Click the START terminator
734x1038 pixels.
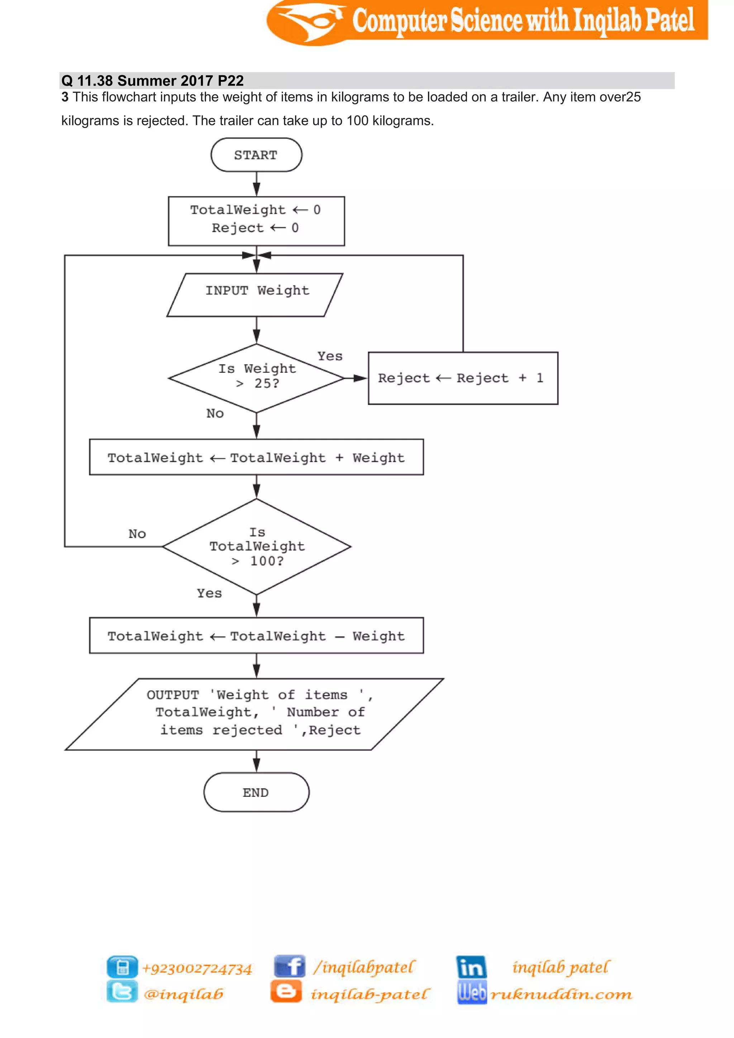pyautogui.click(x=256, y=155)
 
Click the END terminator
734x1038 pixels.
pyautogui.click(x=256, y=792)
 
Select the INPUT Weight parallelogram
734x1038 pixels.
pyautogui.click(x=256, y=294)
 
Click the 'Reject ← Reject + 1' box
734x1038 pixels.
pyautogui.click(x=463, y=378)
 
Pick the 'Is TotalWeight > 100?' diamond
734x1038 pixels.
pyautogui.click(x=256, y=547)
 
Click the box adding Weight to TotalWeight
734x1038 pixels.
pyautogui.click(x=256, y=457)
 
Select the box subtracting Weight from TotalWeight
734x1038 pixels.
pyautogui.click(x=256, y=635)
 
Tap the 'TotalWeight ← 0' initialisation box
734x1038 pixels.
pyautogui.click(x=256, y=221)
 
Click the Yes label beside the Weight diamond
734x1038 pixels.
pyautogui.click(x=330, y=356)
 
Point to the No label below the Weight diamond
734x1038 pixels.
pyautogui.click(x=215, y=413)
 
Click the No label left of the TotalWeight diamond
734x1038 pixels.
pyautogui.click(x=137, y=534)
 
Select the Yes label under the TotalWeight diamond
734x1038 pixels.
pyautogui.click(x=209, y=593)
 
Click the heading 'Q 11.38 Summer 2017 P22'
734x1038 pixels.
pyautogui.click(x=153, y=81)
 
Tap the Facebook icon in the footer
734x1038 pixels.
pyautogui.click(x=289, y=967)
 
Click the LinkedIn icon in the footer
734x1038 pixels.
pyautogui.click(x=471, y=967)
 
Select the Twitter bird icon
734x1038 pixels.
pyautogui.click(x=122, y=992)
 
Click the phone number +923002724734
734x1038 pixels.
pyautogui.click(x=197, y=968)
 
